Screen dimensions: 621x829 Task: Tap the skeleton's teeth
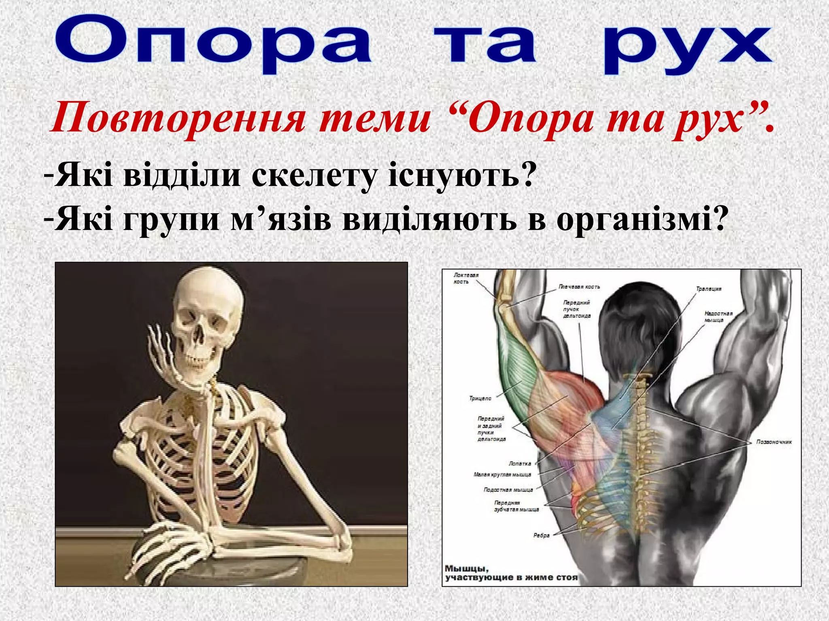coord(198,359)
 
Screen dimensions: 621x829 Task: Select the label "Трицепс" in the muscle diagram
coord(480,399)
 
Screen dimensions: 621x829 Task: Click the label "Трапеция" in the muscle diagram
coord(708,289)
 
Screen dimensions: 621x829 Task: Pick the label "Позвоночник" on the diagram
coord(774,442)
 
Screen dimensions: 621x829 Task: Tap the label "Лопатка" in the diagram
coord(520,464)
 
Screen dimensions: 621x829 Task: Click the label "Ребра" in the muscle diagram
coord(542,535)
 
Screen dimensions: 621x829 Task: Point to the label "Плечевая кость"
coord(579,287)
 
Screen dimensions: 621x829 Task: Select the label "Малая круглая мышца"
coord(502,475)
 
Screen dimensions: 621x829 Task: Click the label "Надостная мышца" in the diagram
coord(718,317)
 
